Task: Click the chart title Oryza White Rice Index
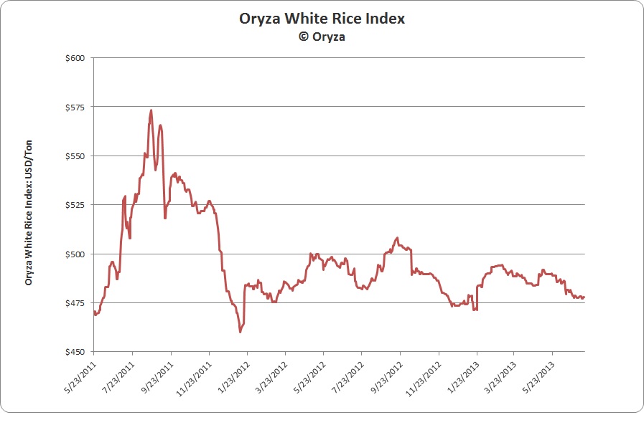(x=322, y=19)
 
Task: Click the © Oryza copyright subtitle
(x=322, y=37)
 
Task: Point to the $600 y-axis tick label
(x=75, y=58)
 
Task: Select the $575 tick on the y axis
(x=75, y=107)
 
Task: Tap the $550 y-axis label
(x=75, y=156)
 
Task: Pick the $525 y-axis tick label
(x=75, y=205)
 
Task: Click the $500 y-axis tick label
(x=75, y=254)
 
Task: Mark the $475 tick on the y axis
(x=75, y=303)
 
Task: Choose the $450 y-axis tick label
(x=75, y=352)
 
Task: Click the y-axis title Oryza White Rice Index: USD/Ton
(x=29, y=212)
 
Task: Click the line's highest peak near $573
(x=151, y=110)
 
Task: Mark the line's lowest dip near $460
(x=240, y=332)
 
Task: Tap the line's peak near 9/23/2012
(x=397, y=237)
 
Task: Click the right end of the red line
(x=584, y=297)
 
